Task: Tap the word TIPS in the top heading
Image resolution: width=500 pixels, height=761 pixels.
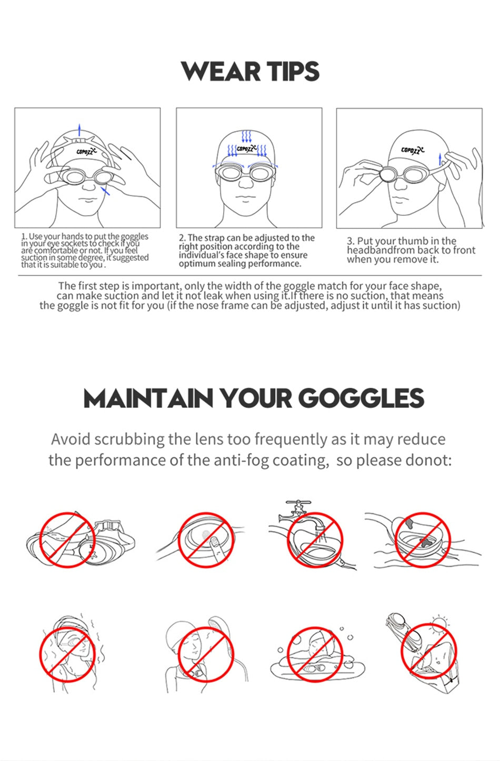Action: [x=292, y=72]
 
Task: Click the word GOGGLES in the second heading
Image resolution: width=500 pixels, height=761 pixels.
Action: [x=361, y=398]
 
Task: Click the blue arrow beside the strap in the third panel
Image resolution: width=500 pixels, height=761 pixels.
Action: [x=439, y=159]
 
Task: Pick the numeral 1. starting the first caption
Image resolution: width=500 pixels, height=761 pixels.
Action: [x=24, y=237]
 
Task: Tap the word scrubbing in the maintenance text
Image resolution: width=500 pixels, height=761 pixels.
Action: [x=129, y=439]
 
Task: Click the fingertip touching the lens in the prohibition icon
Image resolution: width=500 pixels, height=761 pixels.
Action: [x=213, y=540]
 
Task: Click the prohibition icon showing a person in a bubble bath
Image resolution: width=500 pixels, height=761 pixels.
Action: [x=315, y=655]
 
